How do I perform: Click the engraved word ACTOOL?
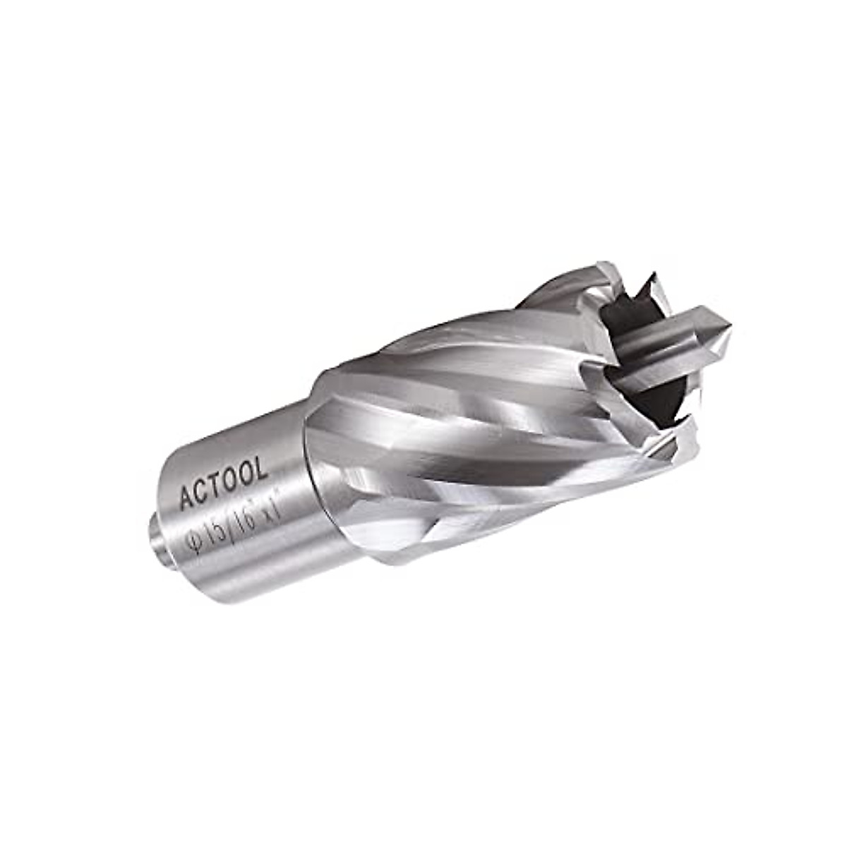point(223,483)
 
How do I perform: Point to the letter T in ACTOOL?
point(217,486)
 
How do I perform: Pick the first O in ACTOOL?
point(232,480)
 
